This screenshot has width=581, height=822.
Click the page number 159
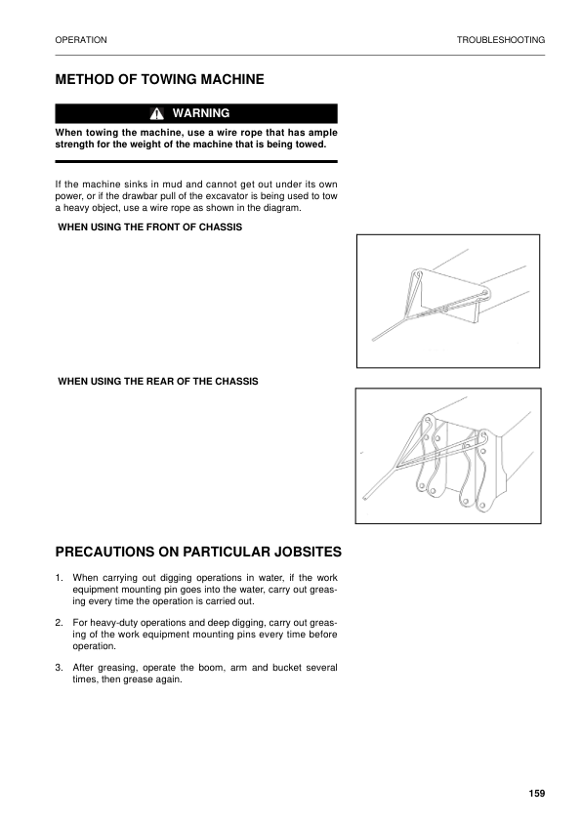click(536, 792)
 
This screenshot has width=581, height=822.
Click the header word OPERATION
click(81, 40)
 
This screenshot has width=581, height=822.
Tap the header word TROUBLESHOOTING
click(500, 40)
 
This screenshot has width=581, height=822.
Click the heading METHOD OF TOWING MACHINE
click(159, 79)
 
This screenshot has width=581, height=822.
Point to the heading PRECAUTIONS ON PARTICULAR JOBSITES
click(198, 552)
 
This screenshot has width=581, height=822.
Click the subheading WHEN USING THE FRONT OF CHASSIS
click(150, 227)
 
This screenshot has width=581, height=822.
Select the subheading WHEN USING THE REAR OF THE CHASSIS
click(158, 381)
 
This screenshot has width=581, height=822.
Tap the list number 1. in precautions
click(60, 579)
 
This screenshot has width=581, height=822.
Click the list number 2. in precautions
click(60, 623)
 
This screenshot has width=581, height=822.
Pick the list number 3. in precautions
click(60, 668)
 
